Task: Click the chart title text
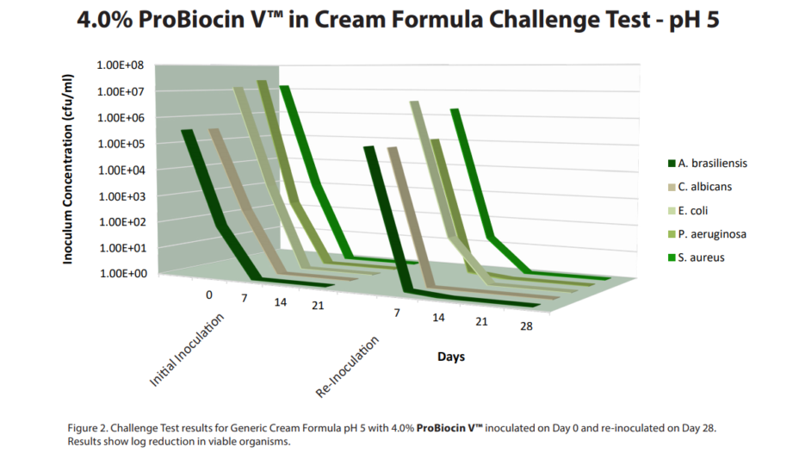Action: [399, 21]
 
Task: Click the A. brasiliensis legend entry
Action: [712, 164]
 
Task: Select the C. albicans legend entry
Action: [705, 187]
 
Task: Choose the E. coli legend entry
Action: [693, 210]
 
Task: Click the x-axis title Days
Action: [451, 357]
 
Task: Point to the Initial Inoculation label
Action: [188, 349]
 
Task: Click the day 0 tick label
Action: [209, 295]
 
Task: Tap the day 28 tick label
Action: [525, 328]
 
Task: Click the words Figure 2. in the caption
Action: [85, 428]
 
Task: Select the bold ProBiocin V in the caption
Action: [450, 428]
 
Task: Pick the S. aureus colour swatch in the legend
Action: [671, 257]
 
